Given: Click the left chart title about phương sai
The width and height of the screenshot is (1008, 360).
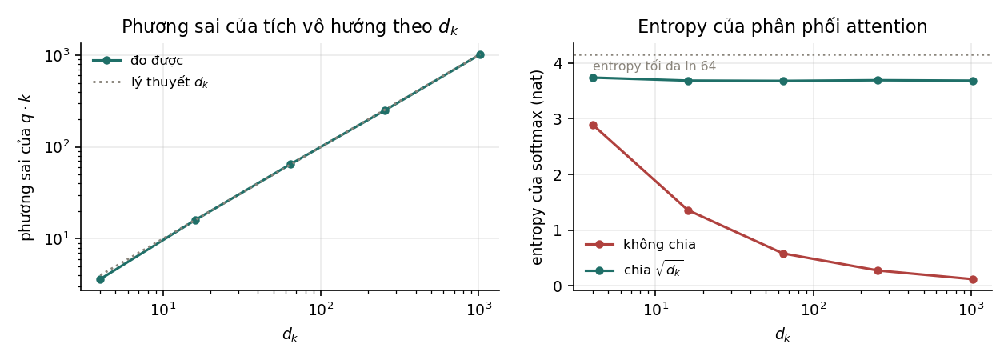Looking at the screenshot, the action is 290,26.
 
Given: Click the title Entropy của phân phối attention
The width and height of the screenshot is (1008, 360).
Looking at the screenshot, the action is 782,26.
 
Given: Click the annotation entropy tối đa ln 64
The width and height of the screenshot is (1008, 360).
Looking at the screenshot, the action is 654,66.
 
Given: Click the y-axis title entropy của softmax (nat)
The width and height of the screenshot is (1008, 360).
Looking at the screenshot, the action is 537,167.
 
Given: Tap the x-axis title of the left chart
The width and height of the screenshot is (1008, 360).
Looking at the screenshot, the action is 290,334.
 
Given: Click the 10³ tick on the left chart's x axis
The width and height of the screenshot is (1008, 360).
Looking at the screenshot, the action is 478,309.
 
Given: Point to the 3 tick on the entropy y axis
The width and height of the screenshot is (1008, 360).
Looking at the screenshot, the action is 558,118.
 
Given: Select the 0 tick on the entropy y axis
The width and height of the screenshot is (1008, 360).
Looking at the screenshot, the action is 558,286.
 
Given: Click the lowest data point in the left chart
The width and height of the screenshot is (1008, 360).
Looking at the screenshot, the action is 100,279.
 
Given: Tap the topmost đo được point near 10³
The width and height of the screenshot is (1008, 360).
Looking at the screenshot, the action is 480,54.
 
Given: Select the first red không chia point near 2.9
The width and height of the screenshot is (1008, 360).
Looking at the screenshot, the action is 593,125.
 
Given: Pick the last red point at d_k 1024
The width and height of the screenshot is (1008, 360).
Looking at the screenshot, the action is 973,279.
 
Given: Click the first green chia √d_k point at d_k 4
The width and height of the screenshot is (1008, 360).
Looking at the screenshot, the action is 593,78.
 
